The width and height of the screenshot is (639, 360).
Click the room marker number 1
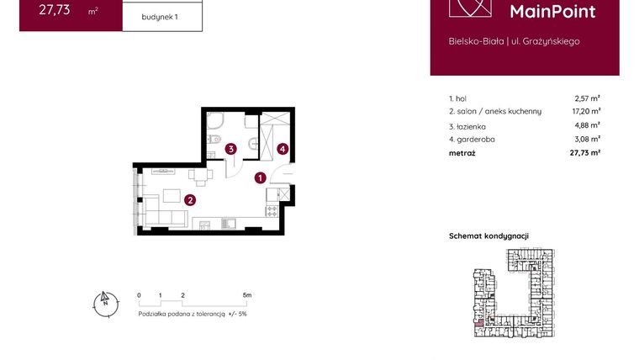pos(261,177)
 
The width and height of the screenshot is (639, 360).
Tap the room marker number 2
pos(191,200)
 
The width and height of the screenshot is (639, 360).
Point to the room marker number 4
pos(283,149)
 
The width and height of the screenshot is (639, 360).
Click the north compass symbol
pos(104,302)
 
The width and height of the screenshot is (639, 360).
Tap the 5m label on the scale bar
pos(246,296)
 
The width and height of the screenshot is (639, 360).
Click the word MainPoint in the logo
pos(553,12)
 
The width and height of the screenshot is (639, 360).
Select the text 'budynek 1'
pos(161,15)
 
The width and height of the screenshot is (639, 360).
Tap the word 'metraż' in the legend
pos(462,153)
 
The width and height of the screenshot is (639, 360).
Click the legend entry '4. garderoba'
pos(469,140)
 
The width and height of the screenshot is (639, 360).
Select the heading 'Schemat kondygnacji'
pos(488,236)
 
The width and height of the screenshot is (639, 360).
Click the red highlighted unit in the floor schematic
pos(479,321)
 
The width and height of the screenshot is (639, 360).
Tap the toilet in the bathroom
pos(216,138)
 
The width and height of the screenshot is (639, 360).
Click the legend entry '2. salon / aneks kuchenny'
pos(495,111)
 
